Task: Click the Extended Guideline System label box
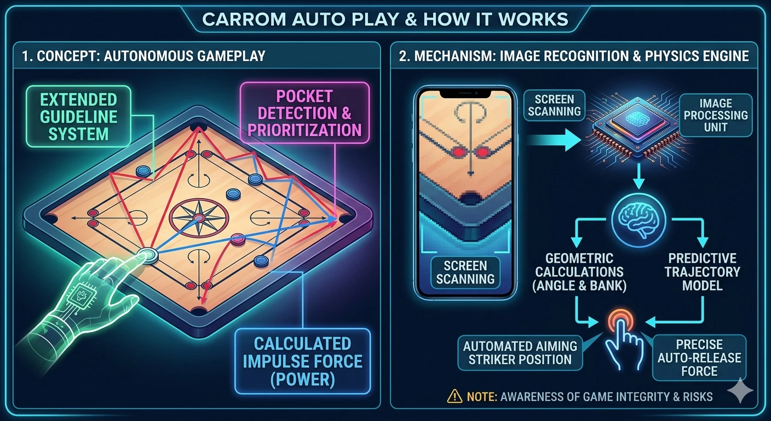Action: (x=78, y=116)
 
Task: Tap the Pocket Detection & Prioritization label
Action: (x=304, y=113)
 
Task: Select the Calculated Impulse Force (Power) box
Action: (x=303, y=361)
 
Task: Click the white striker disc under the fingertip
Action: (x=147, y=255)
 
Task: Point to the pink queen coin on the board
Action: (x=238, y=239)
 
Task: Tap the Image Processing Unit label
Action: (x=716, y=115)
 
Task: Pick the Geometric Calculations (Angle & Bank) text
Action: (x=579, y=272)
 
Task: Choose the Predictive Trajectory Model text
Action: (x=702, y=272)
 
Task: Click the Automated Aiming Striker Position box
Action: (x=520, y=353)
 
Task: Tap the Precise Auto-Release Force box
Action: (x=699, y=357)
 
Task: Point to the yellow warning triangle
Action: (x=454, y=396)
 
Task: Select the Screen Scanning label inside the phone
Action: (x=465, y=272)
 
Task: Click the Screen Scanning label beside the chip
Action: (x=554, y=105)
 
